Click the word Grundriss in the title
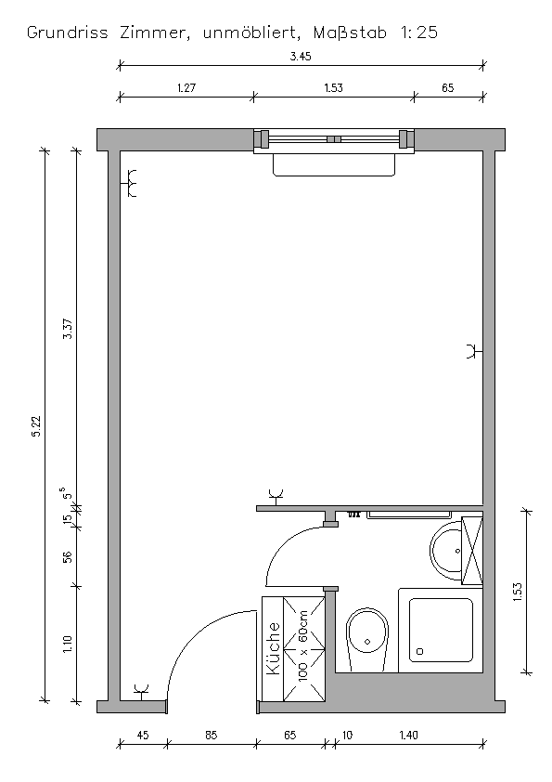coord(67,33)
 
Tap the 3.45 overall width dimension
coord(301,57)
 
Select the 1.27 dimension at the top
coord(186,88)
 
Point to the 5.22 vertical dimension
coord(36,426)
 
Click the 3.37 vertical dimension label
coord(68,329)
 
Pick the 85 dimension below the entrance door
coord(212,736)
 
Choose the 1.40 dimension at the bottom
coord(409,736)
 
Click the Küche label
coord(274,648)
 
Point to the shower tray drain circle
coord(419,651)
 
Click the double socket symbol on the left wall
coord(130,184)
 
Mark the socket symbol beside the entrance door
coord(142,692)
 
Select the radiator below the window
coord(334,164)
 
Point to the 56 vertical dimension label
coord(68,556)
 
